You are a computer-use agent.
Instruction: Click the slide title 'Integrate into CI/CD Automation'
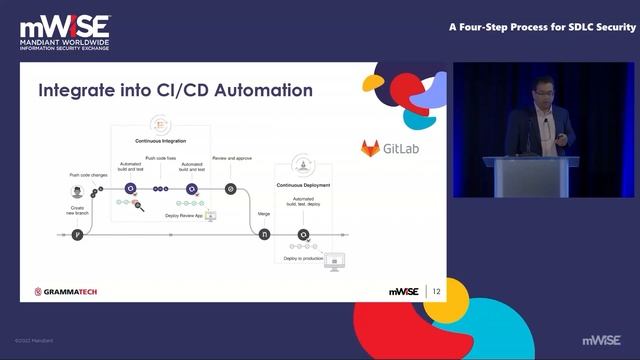pos(175,91)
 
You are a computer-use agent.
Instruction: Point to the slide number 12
pos(436,291)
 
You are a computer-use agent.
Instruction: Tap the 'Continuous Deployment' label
pos(302,185)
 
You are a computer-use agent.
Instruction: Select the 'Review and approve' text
pos(232,158)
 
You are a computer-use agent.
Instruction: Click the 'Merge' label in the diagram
pos(265,213)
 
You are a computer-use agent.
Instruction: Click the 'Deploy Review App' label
pos(184,215)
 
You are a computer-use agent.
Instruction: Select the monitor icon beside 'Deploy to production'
pos(336,260)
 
